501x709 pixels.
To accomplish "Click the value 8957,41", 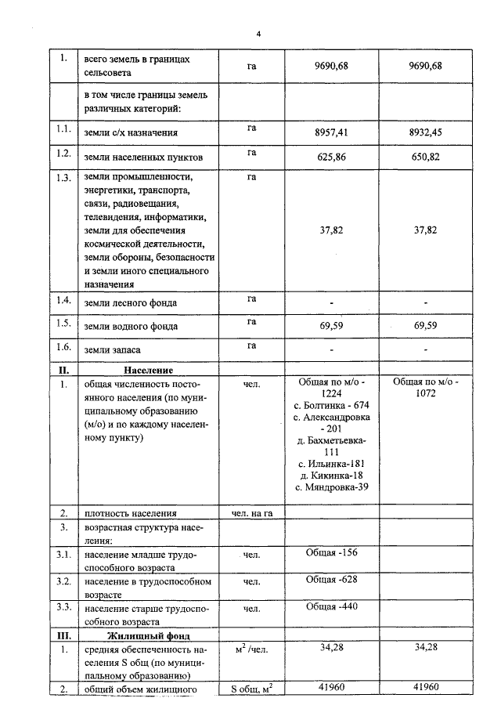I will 331,132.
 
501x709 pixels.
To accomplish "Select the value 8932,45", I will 425,132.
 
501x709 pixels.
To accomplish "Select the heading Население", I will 148,370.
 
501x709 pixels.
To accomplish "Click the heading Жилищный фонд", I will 148,635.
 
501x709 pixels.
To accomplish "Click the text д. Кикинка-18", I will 331,476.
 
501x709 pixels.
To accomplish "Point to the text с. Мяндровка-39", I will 331,487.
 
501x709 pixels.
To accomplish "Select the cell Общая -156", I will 331,553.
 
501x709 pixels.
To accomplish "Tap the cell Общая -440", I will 331,607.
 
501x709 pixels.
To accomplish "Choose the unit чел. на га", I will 252,513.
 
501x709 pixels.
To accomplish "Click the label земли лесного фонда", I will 130,302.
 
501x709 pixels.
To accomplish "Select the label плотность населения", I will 130,514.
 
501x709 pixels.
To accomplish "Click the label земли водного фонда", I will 131,326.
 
